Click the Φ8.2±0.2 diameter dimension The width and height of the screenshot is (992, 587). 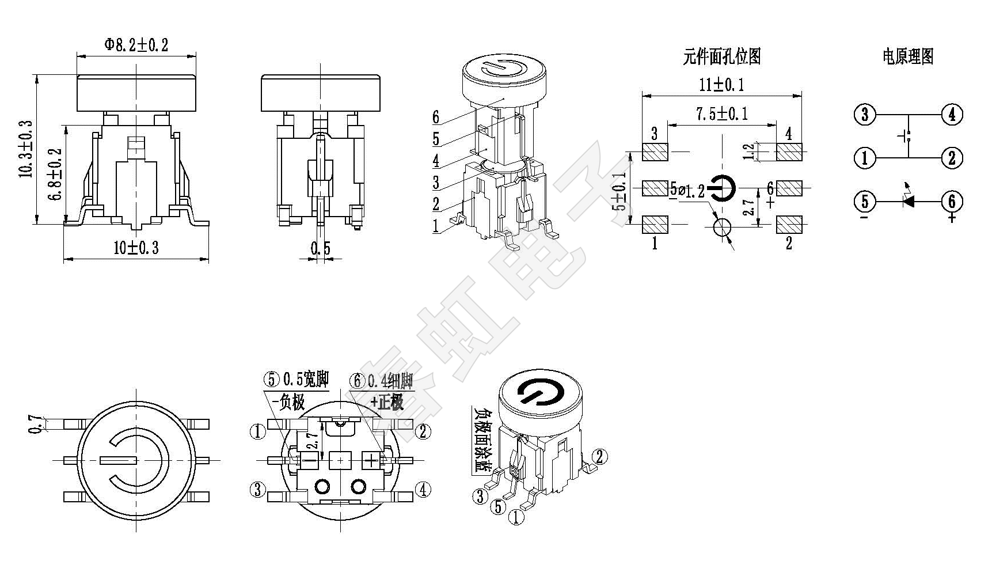(136, 45)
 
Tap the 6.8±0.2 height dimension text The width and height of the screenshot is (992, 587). (56, 174)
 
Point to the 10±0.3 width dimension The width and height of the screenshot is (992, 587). (136, 248)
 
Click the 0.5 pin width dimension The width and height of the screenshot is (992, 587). (321, 248)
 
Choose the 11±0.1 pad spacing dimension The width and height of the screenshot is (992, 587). (721, 85)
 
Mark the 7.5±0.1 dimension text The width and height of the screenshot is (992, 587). (721, 113)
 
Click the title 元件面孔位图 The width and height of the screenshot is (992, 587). (722, 56)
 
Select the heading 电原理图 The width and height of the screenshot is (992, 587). (908, 56)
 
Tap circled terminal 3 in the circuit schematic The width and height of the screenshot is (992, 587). (864, 115)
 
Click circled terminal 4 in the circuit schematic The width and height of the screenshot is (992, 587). (952, 115)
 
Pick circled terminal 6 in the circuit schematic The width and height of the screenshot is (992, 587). (952, 201)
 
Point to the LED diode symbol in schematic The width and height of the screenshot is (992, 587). (909, 201)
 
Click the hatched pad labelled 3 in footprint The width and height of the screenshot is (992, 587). (655, 152)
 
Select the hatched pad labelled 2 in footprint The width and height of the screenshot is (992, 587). (789, 224)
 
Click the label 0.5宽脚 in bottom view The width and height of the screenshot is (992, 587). (305, 380)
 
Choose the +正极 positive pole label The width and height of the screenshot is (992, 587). (387, 402)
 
